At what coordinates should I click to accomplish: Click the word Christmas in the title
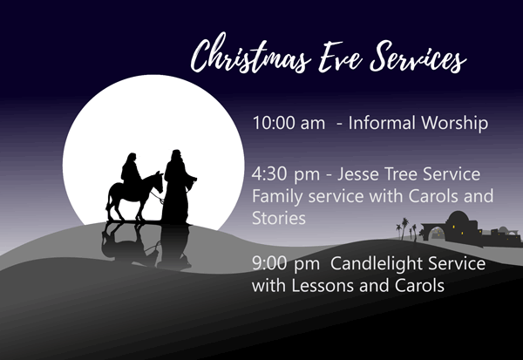pyautogui.click(x=251, y=54)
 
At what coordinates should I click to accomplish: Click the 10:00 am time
pyautogui.click(x=289, y=123)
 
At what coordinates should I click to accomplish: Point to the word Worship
pyautogui.click(x=455, y=124)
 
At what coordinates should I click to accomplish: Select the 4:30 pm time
pyautogui.click(x=286, y=175)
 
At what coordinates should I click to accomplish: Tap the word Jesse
pyautogui.click(x=358, y=173)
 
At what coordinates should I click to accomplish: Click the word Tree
pyautogui.click(x=401, y=173)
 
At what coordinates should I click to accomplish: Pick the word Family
pyautogui.click(x=277, y=196)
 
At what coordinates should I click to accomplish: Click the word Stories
pyautogui.click(x=279, y=218)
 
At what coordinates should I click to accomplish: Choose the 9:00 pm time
pyautogui.click(x=286, y=263)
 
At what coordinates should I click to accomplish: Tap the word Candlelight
pyautogui.click(x=377, y=263)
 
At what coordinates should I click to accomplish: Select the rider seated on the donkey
pyautogui.click(x=131, y=173)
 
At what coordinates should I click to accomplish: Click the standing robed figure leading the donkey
pyautogui.click(x=178, y=187)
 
